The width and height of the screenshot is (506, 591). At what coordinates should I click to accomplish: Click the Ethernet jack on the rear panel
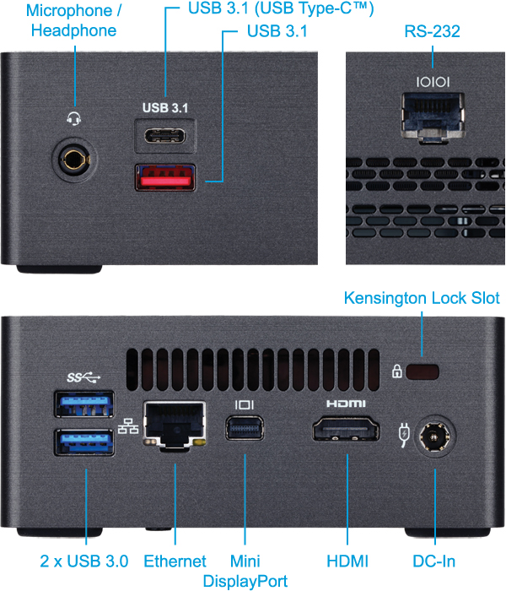pyautogui.click(x=174, y=425)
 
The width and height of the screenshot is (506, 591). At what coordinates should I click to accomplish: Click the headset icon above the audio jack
pyautogui.click(x=73, y=118)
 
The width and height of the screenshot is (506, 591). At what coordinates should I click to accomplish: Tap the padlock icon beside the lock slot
pyautogui.click(x=396, y=371)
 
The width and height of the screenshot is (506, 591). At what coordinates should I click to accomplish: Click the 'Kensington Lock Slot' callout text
pyautogui.click(x=422, y=298)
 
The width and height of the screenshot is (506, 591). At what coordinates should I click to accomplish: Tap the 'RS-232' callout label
pyautogui.click(x=433, y=31)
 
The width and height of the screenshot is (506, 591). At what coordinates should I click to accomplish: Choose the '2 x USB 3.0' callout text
pyautogui.click(x=84, y=561)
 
